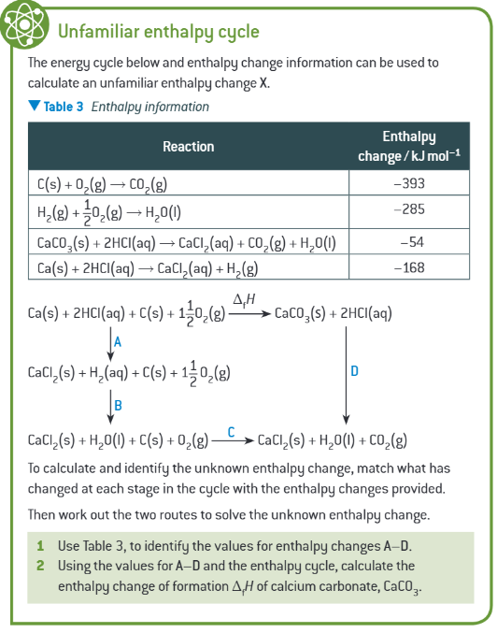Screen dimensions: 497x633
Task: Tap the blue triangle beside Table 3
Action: (35, 107)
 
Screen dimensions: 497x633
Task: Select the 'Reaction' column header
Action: (188, 146)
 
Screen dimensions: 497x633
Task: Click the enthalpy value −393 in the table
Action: (409, 184)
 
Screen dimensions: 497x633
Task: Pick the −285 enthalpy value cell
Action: (409, 209)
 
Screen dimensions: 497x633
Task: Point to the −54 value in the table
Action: (412, 243)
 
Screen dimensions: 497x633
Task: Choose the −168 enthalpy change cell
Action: (409, 268)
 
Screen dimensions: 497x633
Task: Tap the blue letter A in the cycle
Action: (118, 342)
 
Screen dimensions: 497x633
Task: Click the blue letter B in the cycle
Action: (118, 405)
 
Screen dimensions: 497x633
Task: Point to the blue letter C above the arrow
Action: (231, 432)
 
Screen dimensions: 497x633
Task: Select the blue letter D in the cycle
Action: (354, 371)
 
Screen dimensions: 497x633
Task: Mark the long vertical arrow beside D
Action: (347, 374)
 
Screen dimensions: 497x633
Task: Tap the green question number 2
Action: (40, 566)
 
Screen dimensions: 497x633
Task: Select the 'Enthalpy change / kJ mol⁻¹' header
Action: (409, 146)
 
